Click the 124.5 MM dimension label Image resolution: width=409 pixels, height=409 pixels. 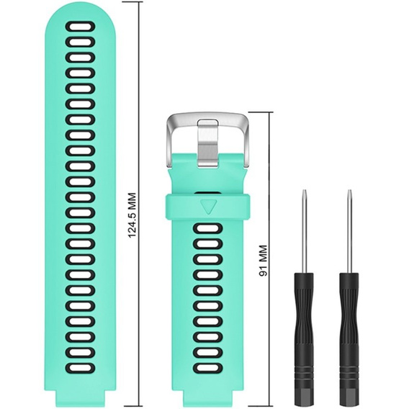(x=132, y=215)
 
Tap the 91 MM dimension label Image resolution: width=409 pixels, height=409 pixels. (x=264, y=261)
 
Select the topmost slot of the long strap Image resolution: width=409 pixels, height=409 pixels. (x=80, y=27)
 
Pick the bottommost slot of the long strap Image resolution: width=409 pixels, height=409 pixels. (x=80, y=368)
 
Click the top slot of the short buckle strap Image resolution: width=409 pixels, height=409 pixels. (x=208, y=228)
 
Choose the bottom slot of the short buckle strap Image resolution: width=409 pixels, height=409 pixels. (x=208, y=368)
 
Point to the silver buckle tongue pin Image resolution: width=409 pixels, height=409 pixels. (x=207, y=143)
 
